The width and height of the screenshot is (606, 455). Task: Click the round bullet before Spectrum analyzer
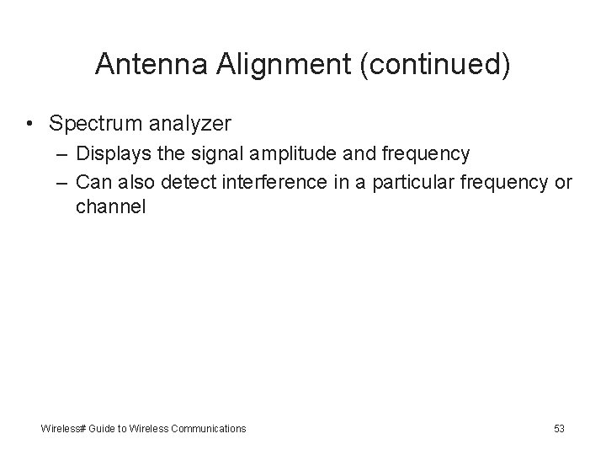tap(29, 124)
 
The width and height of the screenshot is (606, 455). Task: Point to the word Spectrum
tap(92, 124)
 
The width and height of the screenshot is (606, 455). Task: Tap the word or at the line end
tap(563, 182)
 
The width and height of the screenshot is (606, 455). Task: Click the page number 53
tap(559, 429)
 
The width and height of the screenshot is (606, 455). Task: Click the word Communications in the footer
tap(208, 429)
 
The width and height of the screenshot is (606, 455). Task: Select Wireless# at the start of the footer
tap(62, 429)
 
